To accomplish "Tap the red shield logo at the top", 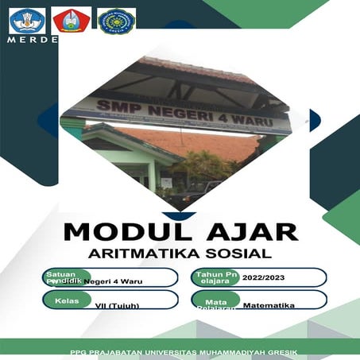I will click(71, 20).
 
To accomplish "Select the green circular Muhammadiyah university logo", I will click(116, 20).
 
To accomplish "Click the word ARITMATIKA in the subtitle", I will click(145, 254).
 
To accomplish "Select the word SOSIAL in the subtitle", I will click(238, 254).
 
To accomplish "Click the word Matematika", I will click(269, 305).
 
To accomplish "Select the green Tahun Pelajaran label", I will click(214, 277).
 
